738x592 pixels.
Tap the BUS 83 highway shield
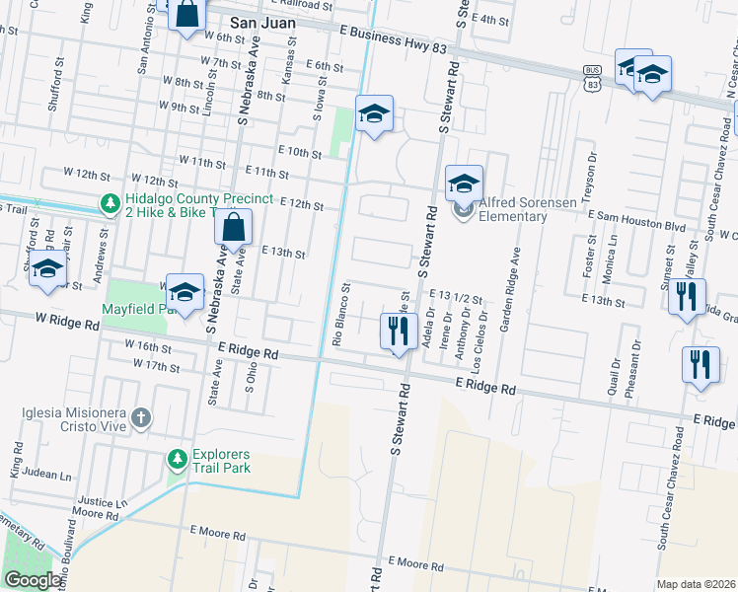[x=591, y=82]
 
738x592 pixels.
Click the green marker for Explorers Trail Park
[x=177, y=459]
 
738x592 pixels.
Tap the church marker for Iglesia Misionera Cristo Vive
[x=141, y=418]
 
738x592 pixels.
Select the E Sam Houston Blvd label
[x=636, y=226]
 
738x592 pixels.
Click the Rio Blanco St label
[x=341, y=317]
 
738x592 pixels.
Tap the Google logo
[x=33, y=580]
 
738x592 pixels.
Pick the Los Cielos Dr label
[x=482, y=331]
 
